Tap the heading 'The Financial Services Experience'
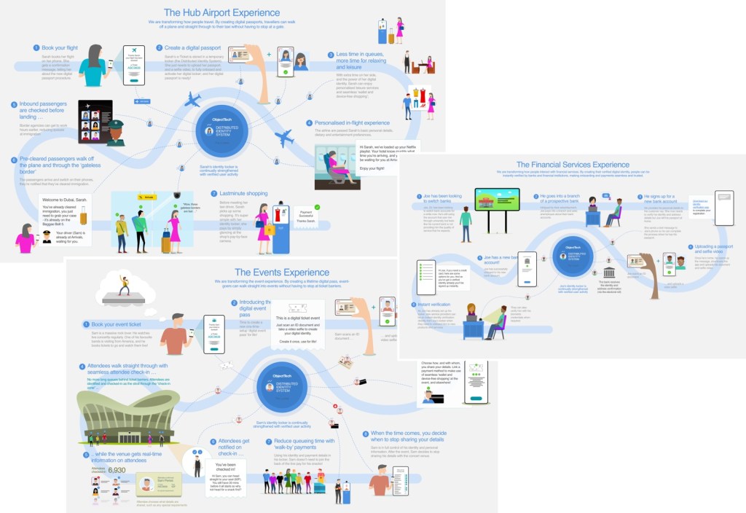(x=573, y=165)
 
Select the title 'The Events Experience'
(x=266, y=272)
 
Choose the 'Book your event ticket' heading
(x=116, y=324)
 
